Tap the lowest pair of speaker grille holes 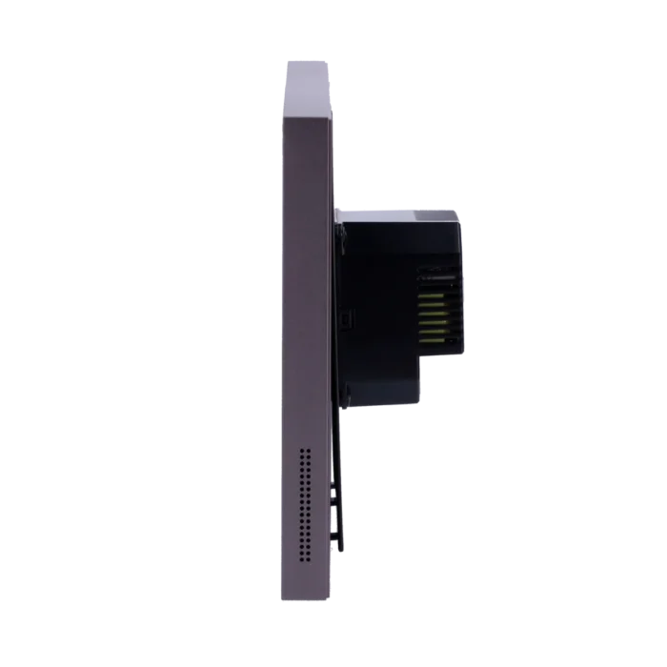[x=305, y=559]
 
